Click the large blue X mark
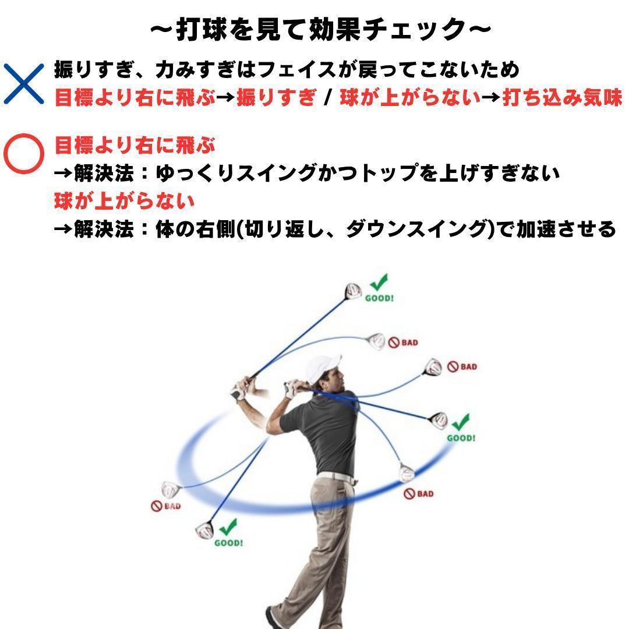pos(24,84)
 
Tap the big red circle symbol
pos(24,154)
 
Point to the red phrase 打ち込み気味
pos(562,97)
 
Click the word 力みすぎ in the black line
pos(197,70)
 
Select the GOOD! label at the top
pos(379,298)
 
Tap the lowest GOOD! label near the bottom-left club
pos(228,543)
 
